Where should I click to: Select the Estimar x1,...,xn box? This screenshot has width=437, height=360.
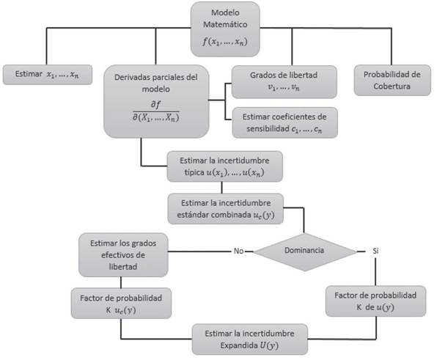(47, 74)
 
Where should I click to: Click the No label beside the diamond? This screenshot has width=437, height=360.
(238, 250)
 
